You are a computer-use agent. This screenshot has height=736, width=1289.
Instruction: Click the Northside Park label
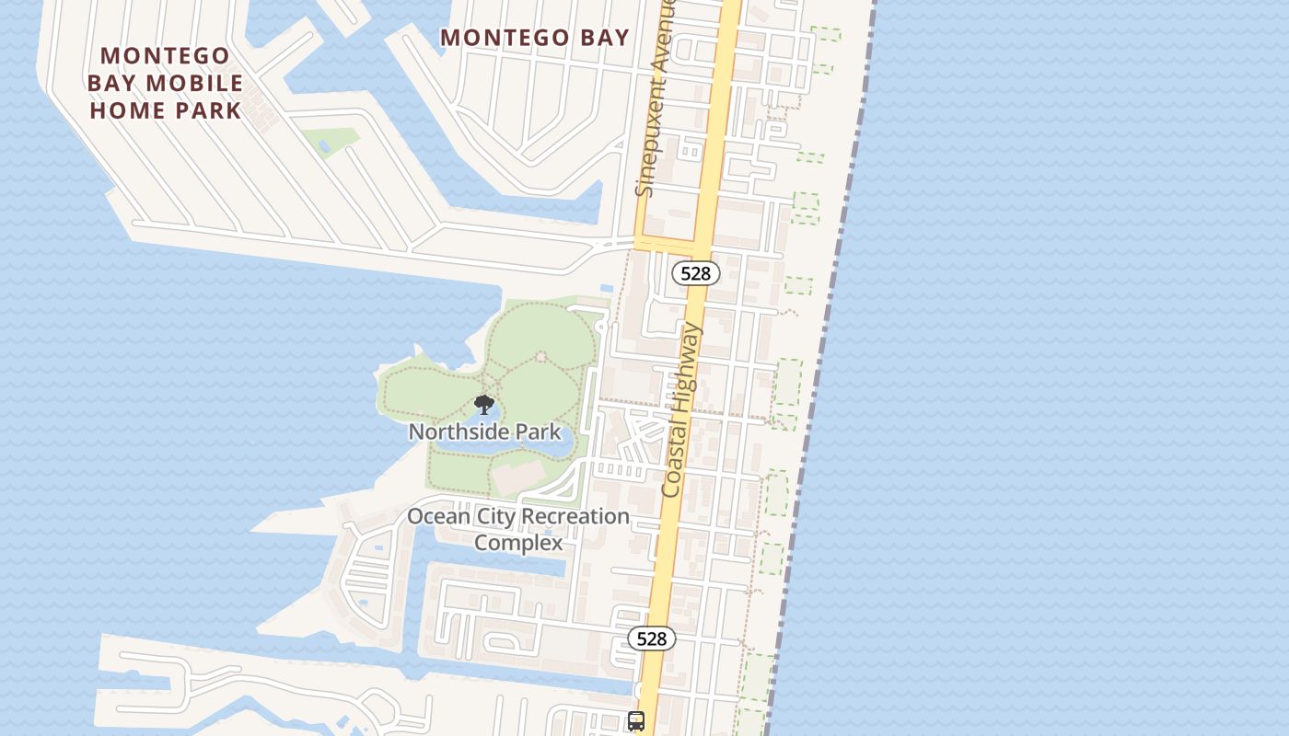(484, 431)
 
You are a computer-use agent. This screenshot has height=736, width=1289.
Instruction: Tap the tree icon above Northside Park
(483, 405)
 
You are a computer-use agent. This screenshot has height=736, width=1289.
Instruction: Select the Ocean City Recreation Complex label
(518, 529)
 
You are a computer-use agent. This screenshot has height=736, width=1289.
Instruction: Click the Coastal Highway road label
(682, 410)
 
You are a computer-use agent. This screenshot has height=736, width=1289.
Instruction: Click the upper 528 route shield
(695, 272)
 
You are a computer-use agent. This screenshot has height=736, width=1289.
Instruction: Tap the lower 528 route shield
(652, 638)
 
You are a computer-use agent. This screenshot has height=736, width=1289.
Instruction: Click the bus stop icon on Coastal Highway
(636, 721)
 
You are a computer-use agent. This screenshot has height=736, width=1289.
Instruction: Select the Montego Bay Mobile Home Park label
(166, 83)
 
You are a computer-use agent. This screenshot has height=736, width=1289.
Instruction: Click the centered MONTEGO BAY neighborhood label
(535, 38)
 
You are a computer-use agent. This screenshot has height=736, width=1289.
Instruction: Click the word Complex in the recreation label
(518, 543)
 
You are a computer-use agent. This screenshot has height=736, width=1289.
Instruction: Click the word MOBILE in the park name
(198, 83)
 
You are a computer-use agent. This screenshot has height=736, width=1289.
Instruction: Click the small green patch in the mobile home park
(331, 141)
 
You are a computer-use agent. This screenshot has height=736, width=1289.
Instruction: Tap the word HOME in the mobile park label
(127, 110)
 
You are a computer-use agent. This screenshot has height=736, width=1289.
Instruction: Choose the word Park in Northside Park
(540, 431)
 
